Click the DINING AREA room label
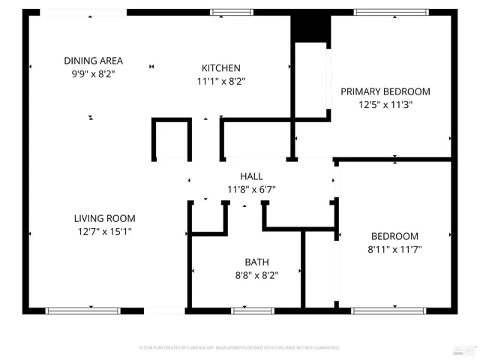(x=93, y=61)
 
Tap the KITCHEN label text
(x=221, y=67)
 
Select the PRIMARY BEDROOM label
(x=385, y=91)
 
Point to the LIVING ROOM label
(x=104, y=218)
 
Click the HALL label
(x=250, y=175)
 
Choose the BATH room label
(x=256, y=262)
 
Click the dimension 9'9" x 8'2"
(x=93, y=74)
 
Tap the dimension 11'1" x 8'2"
(x=221, y=81)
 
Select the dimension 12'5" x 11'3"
(x=385, y=105)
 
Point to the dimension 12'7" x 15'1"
(x=104, y=232)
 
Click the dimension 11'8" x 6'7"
(x=250, y=189)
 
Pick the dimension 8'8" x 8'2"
(x=256, y=275)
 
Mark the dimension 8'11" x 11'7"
(x=394, y=249)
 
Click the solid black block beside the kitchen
(x=310, y=27)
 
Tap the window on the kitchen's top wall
(x=232, y=12)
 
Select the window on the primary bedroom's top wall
(x=386, y=12)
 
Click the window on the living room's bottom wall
(x=83, y=310)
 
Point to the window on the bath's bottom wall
(x=253, y=310)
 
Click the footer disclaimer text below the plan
(x=239, y=348)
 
